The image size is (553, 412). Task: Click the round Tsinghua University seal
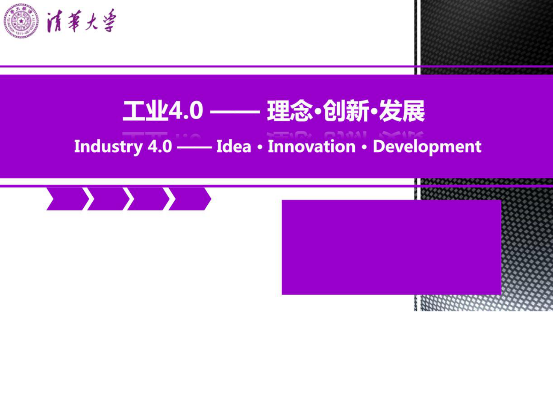pos(21,21)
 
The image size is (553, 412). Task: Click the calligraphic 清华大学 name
pos(81,21)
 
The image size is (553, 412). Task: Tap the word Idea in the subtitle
pos(233,146)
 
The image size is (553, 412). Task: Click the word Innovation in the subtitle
pos(312,146)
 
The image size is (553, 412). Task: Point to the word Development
pos(427,146)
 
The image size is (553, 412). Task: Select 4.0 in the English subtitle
pos(160,146)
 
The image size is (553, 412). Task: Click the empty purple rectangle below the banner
pos(391,247)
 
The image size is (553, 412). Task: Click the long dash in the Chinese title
pos(235,112)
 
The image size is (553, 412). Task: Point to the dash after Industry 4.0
pos(194,147)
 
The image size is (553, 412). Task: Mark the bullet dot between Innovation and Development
pos(364,147)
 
